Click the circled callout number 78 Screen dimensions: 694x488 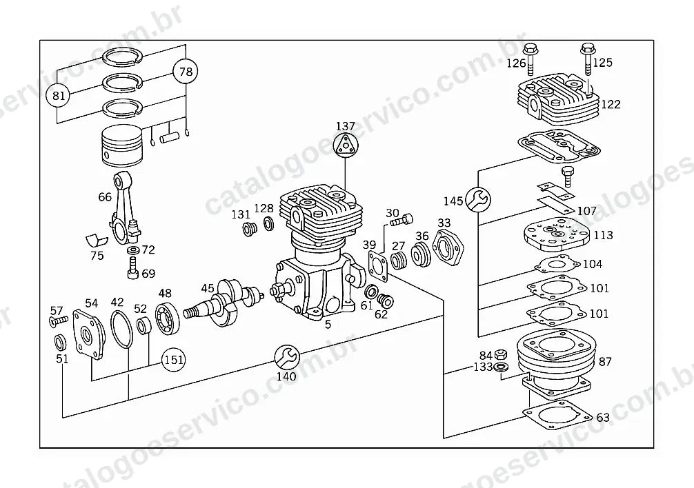pyautogui.click(x=186, y=71)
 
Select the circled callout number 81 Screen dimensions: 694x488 pyautogui.click(x=59, y=95)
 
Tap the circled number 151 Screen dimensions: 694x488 pyautogui.click(x=173, y=360)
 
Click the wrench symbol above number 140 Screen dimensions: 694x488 pyautogui.click(x=287, y=357)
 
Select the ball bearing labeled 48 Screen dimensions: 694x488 pyautogui.click(x=168, y=317)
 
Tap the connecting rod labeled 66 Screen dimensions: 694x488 pyautogui.click(x=124, y=207)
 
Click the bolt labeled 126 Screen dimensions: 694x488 pyautogui.click(x=530, y=59)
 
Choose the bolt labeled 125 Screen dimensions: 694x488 pyautogui.click(x=587, y=59)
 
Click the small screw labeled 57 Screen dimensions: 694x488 pyautogui.click(x=59, y=320)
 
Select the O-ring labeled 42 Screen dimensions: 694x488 pyautogui.click(x=121, y=329)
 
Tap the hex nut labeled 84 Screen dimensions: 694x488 pyautogui.click(x=501, y=354)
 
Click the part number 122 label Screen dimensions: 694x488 pyautogui.click(x=611, y=104)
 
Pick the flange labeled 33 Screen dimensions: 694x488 pyautogui.click(x=448, y=248)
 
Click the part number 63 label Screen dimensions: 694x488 pyautogui.click(x=603, y=417)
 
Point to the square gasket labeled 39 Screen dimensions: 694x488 pyautogui.click(x=377, y=265)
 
